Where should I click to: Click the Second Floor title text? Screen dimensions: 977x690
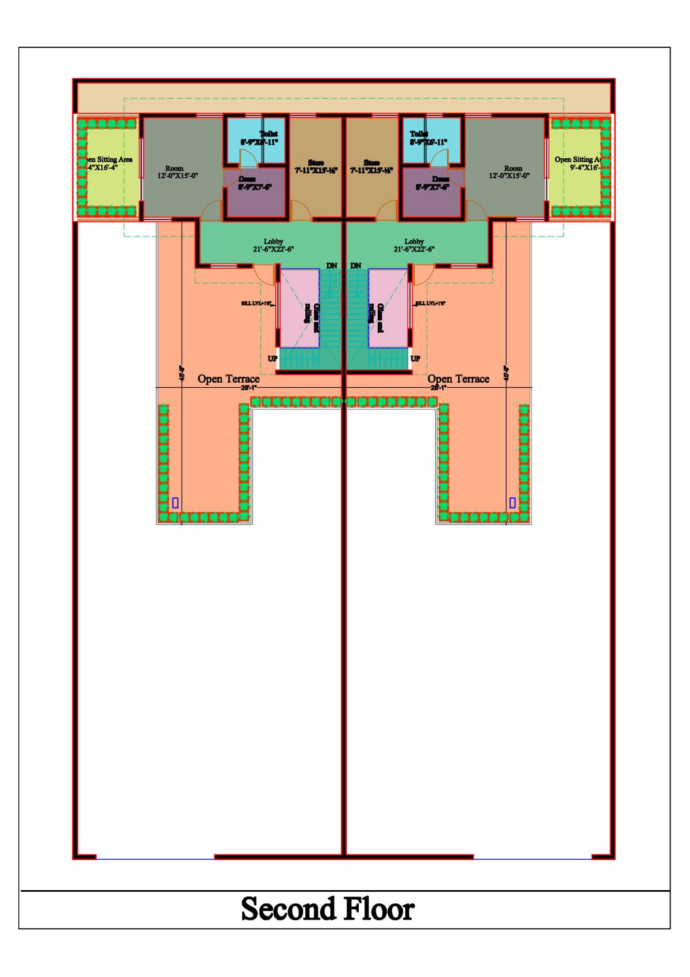coord(328,909)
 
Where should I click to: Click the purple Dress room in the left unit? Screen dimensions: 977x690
coord(255,196)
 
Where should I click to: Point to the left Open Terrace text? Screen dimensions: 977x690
coord(229,379)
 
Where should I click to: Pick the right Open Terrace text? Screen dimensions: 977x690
coord(458,379)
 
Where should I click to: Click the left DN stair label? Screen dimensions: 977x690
coord(332,265)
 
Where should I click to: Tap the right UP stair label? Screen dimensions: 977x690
coord(415,358)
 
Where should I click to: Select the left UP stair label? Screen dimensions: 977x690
coord(273,358)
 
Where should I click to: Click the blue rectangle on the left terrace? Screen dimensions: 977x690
coord(175,503)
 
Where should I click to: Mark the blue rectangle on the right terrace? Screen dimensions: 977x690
coord(512,503)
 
